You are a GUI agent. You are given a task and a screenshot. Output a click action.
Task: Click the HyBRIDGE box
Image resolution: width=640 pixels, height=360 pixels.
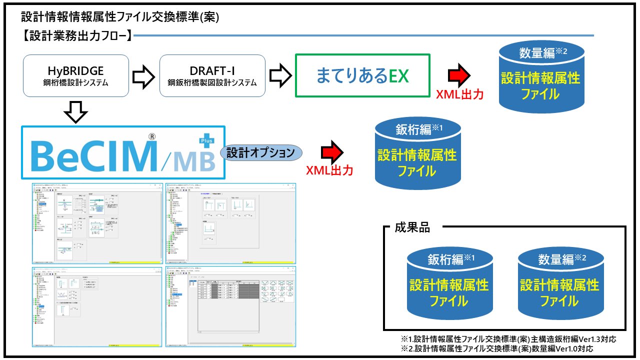pyautogui.click(x=76, y=75)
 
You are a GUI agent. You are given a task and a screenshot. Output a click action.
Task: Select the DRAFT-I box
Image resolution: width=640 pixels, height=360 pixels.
pyautogui.click(x=212, y=75)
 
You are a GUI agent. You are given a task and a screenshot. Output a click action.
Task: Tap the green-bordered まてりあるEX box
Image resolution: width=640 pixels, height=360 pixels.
pyautogui.click(x=362, y=75)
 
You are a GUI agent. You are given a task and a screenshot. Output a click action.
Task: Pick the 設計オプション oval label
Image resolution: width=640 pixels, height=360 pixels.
pyautogui.click(x=260, y=153)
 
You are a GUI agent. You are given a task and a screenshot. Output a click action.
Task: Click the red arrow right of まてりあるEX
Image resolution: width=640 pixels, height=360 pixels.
pyautogui.click(x=458, y=75)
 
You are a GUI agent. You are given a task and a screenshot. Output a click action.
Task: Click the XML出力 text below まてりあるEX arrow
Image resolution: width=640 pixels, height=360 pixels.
pyautogui.click(x=459, y=94)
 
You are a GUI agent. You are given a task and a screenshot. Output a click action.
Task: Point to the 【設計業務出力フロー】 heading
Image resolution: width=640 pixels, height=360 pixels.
pyautogui.click(x=77, y=35)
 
